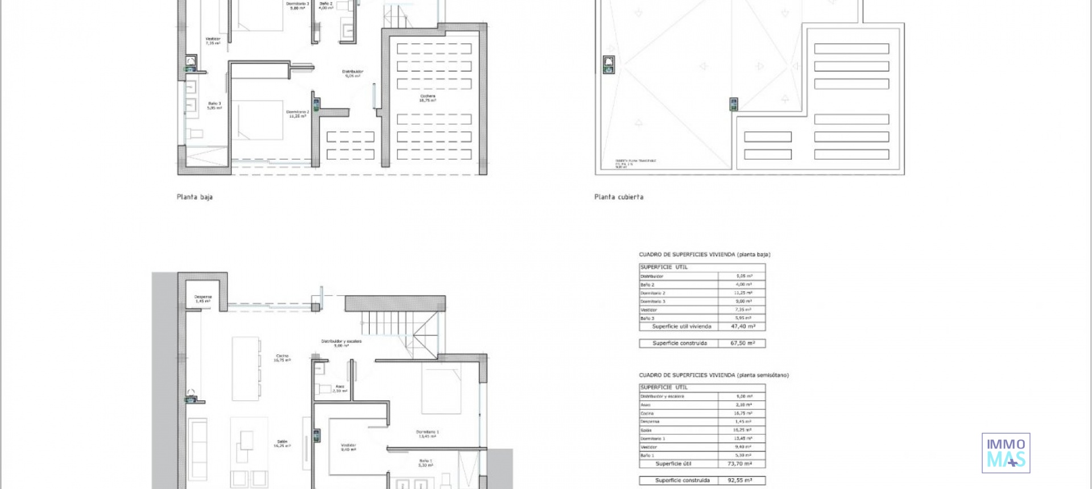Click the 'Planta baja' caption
point(195,197)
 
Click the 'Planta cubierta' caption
point(619,197)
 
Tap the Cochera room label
point(428,98)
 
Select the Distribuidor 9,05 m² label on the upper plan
point(353,73)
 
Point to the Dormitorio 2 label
point(297,114)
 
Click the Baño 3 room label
point(214,105)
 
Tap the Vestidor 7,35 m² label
point(213,41)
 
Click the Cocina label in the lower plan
point(282,358)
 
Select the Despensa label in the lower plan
point(203,299)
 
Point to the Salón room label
point(282,444)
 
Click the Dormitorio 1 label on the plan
point(427,434)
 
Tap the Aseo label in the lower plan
point(340,388)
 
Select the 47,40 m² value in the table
point(743,326)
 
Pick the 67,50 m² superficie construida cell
point(743,343)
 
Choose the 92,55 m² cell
point(739,480)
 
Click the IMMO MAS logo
point(1006,453)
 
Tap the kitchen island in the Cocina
point(246,368)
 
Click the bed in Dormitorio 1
point(441,389)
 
